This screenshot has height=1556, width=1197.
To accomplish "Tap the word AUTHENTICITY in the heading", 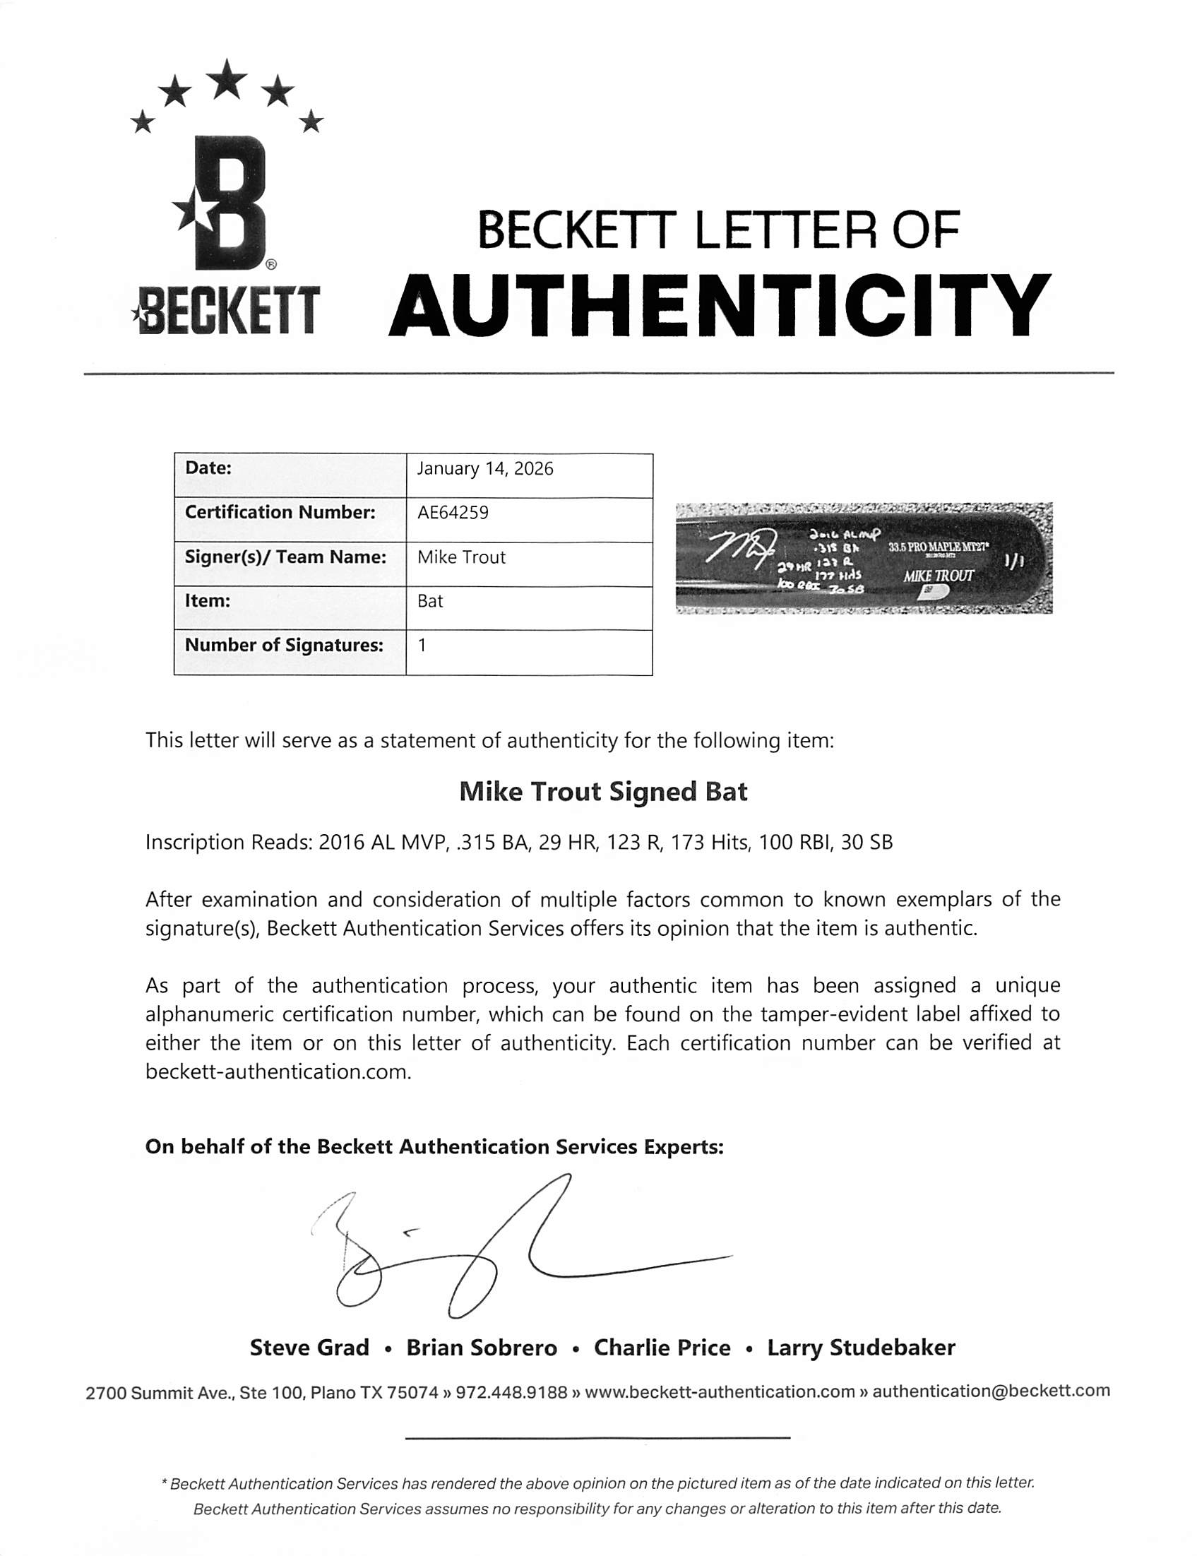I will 720,308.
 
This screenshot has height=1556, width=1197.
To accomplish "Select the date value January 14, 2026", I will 485,469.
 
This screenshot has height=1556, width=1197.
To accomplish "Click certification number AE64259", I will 453,513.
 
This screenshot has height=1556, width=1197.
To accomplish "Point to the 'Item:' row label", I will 208,600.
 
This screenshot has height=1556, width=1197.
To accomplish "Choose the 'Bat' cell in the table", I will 430,601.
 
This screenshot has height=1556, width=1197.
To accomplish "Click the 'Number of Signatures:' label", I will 284,646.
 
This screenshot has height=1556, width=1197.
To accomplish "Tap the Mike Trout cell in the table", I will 462,557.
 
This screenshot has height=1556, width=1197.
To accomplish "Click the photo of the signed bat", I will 864,558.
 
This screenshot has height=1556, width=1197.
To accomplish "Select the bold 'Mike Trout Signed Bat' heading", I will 603,792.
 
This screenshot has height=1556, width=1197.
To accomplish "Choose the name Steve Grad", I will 309,1348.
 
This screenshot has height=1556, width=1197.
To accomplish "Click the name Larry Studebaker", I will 861,1348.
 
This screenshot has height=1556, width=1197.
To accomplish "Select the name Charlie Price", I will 662,1348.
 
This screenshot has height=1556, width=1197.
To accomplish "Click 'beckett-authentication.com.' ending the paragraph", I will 278,1071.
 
